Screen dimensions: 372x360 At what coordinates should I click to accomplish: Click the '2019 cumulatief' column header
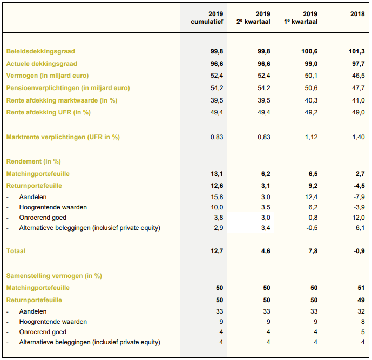[x=207, y=18]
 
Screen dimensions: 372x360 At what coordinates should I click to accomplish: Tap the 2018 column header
[x=357, y=14]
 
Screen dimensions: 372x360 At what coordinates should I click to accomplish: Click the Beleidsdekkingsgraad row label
[x=40, y=51]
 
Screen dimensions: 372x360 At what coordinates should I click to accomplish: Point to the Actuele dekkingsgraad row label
[x=42, y=64]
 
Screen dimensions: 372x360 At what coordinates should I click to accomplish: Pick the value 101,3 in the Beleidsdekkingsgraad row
[x=357, y=51]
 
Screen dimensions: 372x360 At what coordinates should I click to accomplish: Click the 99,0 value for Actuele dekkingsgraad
[x=311, y=64]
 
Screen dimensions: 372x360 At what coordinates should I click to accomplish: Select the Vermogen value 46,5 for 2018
[x=359, y=76]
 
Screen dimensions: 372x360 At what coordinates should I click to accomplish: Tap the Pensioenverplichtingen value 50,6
[x=311, y=88]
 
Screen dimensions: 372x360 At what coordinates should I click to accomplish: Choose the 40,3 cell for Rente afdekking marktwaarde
[x=311, y=100]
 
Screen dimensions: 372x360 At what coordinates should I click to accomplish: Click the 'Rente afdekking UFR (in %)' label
[x=49, y=112]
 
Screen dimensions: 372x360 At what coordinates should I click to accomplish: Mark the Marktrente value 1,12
[x=312, y=137]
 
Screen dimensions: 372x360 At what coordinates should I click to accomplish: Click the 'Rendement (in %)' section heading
[x=33, y=161]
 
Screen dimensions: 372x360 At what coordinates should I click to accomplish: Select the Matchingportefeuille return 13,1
[x=217, y=174]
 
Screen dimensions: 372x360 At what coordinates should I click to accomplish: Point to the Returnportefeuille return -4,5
[x=359, y=186]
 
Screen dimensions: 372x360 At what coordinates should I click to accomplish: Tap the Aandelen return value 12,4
[x=311, y=197]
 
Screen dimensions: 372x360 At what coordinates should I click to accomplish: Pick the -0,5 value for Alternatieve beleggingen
[x=312, y=228]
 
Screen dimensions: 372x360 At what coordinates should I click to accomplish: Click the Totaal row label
[x=16, y=251]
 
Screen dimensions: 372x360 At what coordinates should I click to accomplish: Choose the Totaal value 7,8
[x=313, y=251]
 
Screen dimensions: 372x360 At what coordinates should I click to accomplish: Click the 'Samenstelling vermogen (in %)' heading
[x=54, y=276]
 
